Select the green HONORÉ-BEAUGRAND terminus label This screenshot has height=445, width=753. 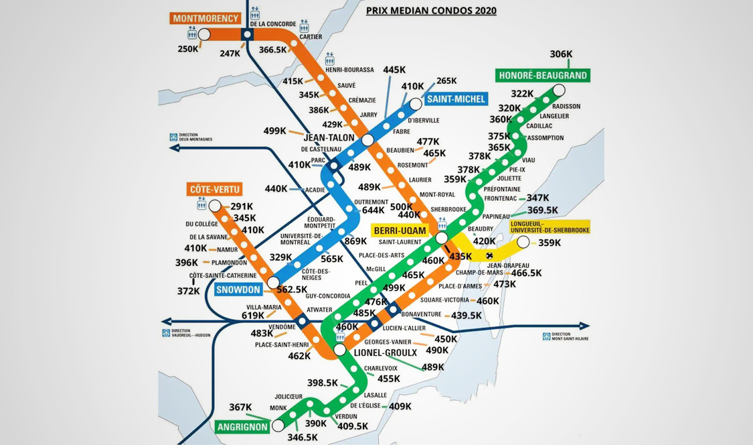pyautogui.click(x=543, y=75)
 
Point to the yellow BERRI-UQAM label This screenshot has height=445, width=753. pyautogui.click(x=399, y=231)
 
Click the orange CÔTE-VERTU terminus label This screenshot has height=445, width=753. pyautogui.click(x=214, y=189)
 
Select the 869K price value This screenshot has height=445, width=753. pyautogui.click(x=356, y=241)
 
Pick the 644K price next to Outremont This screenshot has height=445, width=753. pyautogui.click(x=373, y=210)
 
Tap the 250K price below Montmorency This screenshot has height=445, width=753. pyautogui.click(x=188, y=49)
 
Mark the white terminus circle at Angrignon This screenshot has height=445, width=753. pyautogui.click(x=278, y=426)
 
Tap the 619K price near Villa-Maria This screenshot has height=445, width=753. pyautogui.click(x=253, y=315)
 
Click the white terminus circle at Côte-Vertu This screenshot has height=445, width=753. pyautogui.click(x=215, y=206)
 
